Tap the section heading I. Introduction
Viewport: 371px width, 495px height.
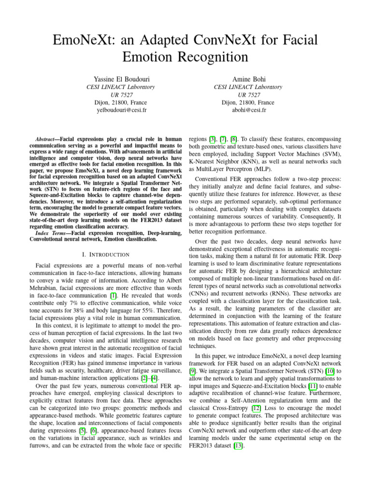[x=105, y=254]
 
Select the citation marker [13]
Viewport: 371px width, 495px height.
[x=237, y=446]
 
